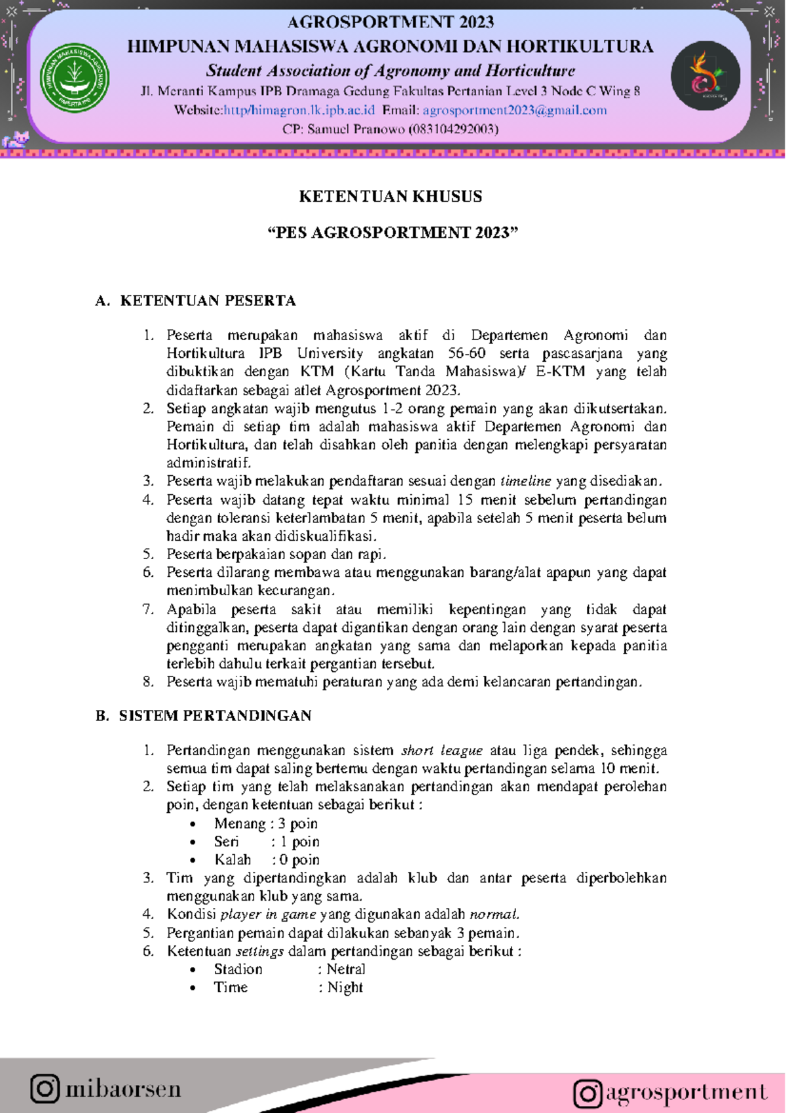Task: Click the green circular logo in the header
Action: point(75,77)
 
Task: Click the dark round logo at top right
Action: point(705,76)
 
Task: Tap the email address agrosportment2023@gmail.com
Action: point(514,110)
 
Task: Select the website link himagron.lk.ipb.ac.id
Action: point(299,110)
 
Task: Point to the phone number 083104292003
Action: point(453,129)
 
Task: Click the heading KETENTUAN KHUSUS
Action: point(390,197)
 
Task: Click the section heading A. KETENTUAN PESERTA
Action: point(196,301)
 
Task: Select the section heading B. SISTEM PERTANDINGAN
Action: point(204,716)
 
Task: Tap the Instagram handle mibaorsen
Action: point(122,1089)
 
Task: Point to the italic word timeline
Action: point(525,481)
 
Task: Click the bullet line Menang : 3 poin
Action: point(265,823)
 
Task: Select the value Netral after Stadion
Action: point(346,969)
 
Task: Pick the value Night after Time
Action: point(345,987)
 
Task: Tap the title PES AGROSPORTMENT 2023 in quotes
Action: point(392,233)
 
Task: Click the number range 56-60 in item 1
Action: point(466,353)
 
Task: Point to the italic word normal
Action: point(494,914)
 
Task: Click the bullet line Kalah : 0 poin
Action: point(267,859)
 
